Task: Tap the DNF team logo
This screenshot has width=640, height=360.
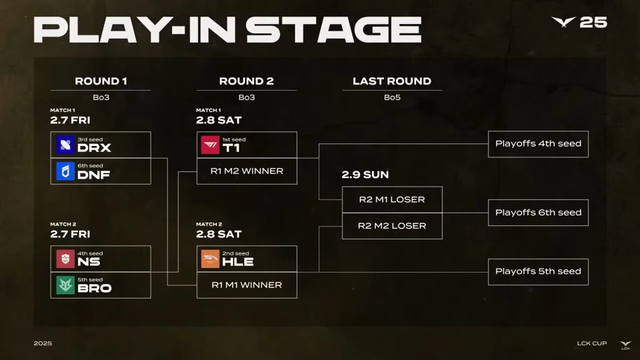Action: (65, 172)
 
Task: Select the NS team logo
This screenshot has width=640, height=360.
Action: (65, 259)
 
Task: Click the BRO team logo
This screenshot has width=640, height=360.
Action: (65, 285)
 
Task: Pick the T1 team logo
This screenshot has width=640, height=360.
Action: (210, 145)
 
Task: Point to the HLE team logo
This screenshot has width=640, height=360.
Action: (210, 259)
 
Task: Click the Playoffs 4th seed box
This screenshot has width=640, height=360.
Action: (538, 144)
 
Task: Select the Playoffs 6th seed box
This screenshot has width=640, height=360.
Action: (538, 213)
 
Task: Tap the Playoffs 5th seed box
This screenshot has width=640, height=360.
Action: (538, 271)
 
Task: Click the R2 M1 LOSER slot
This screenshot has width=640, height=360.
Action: (391, 199)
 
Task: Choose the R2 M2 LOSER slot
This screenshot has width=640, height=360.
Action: (391, 226)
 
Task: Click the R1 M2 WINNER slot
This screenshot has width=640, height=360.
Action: (247, 171)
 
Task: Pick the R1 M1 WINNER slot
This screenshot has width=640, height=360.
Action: (247, 285)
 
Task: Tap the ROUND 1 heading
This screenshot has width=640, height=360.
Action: (101, 81)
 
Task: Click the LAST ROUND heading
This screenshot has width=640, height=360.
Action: (391, 81)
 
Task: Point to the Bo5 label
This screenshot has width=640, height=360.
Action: (391, 97)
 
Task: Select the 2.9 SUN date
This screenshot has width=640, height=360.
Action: (365, 175)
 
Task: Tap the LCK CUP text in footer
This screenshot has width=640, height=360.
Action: (592, 343)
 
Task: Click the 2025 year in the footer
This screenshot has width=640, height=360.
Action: (43, 343)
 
